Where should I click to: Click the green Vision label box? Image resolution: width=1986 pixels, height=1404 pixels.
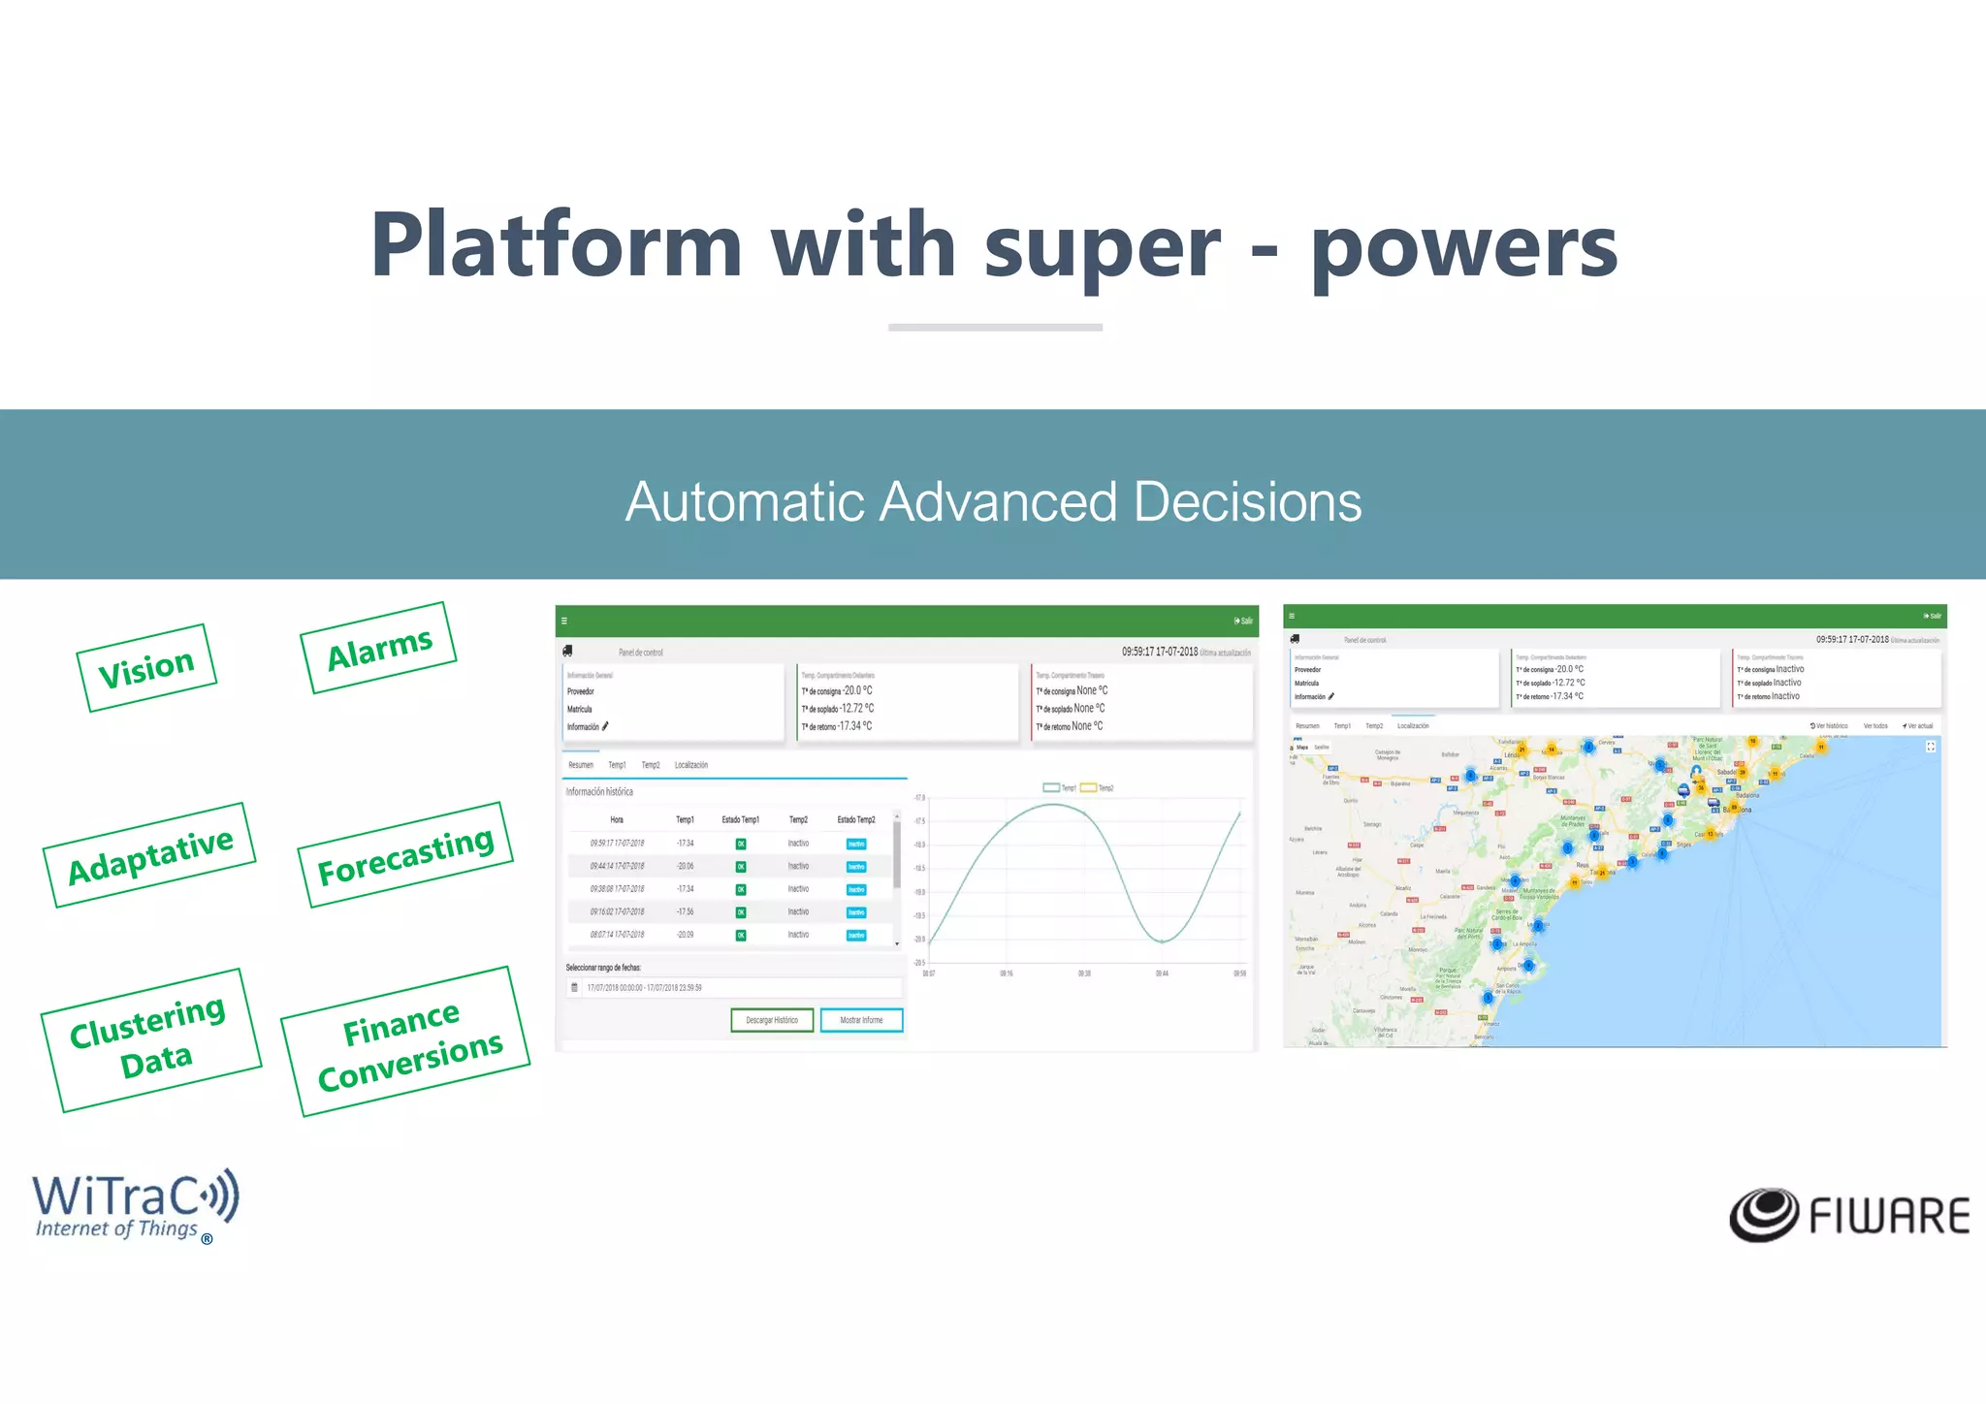146,668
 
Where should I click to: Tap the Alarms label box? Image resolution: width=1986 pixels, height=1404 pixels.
378,648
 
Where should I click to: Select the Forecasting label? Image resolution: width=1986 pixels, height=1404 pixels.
405,854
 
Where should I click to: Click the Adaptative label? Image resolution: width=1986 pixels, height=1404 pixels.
149,855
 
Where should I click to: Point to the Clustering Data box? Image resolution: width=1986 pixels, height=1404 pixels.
150,1038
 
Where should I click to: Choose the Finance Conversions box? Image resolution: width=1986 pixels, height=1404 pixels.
406,1042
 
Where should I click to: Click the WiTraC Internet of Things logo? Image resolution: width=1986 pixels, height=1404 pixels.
135,1205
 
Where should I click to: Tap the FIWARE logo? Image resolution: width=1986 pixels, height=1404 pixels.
1848,1215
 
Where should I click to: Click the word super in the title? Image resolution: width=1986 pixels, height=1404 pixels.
1102,246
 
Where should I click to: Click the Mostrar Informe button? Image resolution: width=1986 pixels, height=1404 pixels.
861,1020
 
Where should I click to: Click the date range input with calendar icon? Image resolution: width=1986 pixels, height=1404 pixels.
734,988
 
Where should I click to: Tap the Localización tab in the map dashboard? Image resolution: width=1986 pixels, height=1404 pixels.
1412,725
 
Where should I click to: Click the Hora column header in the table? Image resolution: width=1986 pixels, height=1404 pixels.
617,819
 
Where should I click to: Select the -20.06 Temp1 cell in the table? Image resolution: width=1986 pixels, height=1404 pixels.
685,866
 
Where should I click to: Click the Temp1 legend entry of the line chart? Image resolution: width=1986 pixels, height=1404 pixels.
1059,787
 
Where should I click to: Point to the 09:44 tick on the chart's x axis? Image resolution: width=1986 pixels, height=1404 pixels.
1161,973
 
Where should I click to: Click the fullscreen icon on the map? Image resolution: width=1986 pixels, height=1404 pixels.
1930,747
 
